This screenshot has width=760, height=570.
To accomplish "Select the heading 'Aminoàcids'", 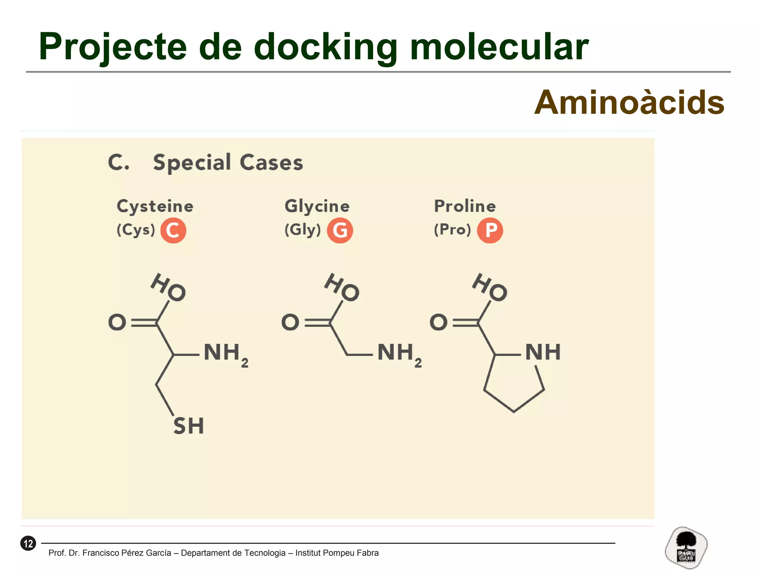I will click(629, 103).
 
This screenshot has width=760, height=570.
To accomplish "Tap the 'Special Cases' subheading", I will click(228, 163).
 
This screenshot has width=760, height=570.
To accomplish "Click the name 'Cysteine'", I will click(155, 206).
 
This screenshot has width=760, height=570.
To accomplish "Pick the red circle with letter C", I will click(173, 230).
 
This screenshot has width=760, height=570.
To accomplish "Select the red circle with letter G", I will click(340, 230).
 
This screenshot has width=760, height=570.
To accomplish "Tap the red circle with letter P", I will click(490, 230).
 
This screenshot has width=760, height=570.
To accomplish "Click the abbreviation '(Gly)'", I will click(302, 230).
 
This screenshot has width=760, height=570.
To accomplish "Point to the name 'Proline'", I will click(465, 206).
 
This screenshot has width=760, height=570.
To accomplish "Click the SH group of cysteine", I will click(189, 426).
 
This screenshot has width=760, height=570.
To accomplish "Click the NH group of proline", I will click(543, 352).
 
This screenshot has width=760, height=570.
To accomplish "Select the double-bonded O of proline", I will click(438, 322).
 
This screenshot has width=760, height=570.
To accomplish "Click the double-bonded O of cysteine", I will click(117, 322).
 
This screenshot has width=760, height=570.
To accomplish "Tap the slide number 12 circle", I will click(28, 544).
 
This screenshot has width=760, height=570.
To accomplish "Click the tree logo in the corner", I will click(686, 547).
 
